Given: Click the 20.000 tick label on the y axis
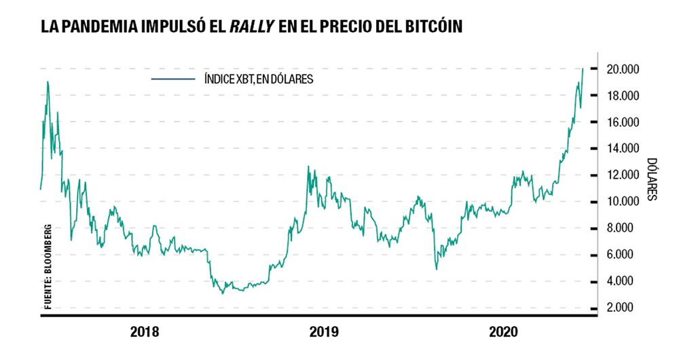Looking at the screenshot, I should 621,69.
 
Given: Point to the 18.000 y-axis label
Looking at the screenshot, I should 621,96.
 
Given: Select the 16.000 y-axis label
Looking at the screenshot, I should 621,122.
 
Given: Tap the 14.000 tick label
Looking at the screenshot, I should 621,149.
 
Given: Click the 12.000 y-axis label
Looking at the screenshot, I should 621,175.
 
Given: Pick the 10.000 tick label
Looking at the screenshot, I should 621,202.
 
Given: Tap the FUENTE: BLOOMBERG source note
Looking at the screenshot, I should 48,266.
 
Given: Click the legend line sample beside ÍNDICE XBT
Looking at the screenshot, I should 174,79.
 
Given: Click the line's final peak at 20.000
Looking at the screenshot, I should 583,69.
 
